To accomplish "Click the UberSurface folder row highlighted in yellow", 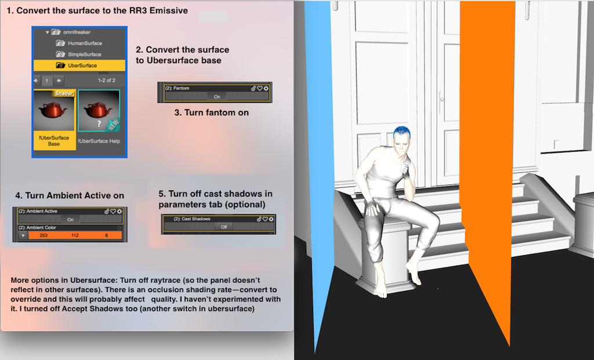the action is point(79,65).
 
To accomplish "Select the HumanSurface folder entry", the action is point(79,43).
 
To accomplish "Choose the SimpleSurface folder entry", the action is point(78,54).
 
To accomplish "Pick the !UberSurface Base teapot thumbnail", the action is point(55,119).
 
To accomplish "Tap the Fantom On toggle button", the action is point(217,97).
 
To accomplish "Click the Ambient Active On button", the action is point(70,219).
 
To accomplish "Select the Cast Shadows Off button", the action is point(223,227).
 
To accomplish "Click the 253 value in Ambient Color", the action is point(44,235).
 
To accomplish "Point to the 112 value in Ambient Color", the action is point(75,235).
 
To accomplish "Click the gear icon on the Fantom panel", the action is point(266,88).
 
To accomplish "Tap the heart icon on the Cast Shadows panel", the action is point(265,219).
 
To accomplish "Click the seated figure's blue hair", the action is point(401,132).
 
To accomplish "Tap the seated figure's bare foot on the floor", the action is point(381,290).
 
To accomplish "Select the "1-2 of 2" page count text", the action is point(107,80).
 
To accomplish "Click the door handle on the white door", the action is point(441,100).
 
